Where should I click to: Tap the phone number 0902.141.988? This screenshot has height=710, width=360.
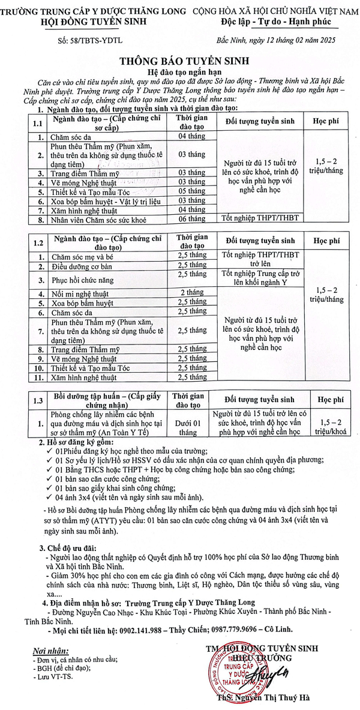pos(146,616)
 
